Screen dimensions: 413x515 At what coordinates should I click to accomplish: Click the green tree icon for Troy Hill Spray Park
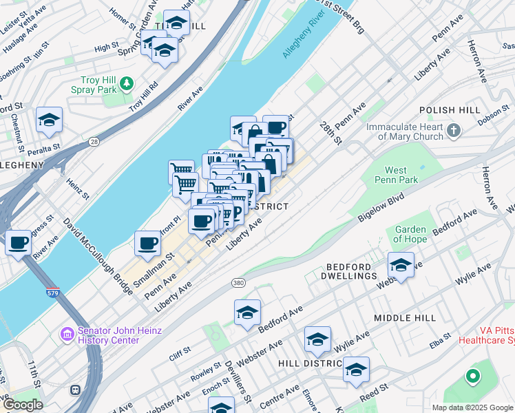click(126, 83)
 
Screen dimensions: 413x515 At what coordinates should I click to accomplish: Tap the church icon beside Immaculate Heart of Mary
click(453, 130)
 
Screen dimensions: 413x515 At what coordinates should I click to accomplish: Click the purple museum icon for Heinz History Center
click(67, 335)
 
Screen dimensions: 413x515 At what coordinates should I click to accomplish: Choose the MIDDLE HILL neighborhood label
click(405, 318)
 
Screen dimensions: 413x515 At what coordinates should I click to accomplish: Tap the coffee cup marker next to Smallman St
click(147, 242)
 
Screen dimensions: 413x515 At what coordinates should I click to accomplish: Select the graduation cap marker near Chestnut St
click(50, 120)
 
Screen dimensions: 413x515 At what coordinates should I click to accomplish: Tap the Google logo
click(22, 405)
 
